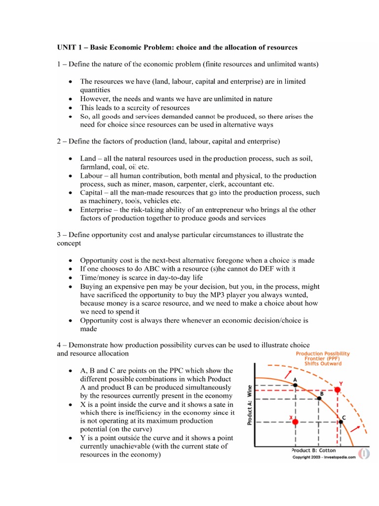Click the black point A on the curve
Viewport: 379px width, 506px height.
pyautogui.click(x=295, y=385)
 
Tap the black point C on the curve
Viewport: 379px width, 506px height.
pyautogui.click(x=340, y=422)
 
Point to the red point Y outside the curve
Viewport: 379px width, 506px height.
pyautogui.click(x=338, y=390)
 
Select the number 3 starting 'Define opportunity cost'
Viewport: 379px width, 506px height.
pyautogui.click(x=58, y=235)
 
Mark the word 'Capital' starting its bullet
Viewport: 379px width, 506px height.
pyautogui.click(x=92, y=193)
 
